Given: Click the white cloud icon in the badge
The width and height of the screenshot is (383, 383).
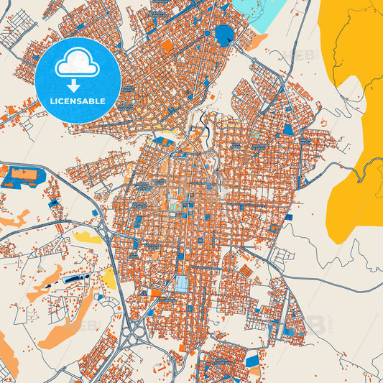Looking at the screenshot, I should click(78, 64).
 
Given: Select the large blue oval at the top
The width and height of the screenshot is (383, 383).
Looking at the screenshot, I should click(224, 33).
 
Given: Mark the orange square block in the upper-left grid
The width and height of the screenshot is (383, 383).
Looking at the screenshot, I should click(167, 45).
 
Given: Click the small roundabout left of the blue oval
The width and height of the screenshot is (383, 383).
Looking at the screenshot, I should click(207, 33).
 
